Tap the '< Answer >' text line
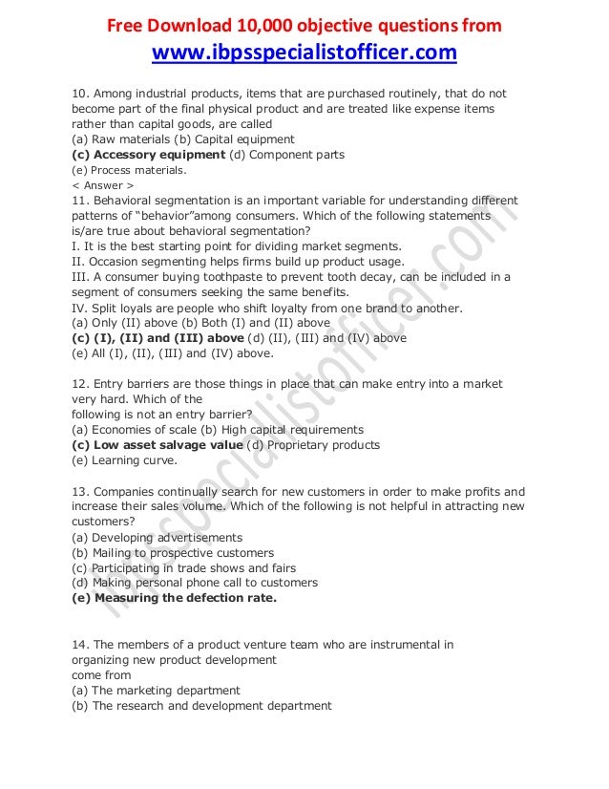click(x=103, y=184)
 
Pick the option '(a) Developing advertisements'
click(x=157, y=538)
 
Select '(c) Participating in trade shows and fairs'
click(x=184, y=567)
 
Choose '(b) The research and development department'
click(x=201, y=706)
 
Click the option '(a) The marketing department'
click(x=156, y=690)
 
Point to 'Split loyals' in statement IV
click(x=126, y=308)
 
